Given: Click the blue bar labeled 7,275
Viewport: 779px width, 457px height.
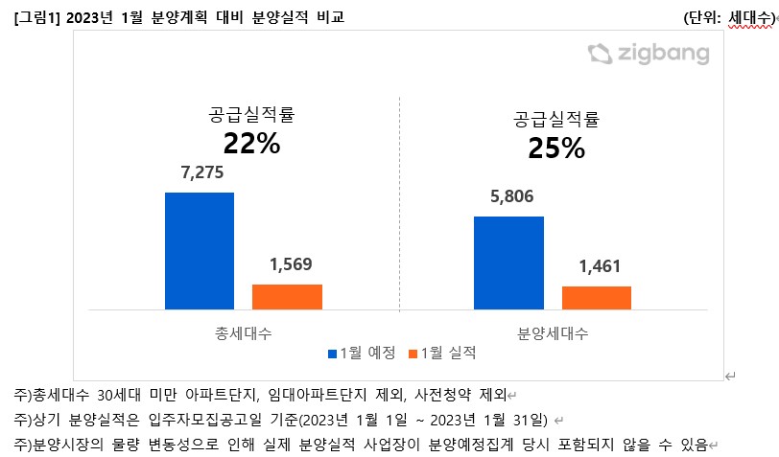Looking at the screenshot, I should click(x=200, y=251).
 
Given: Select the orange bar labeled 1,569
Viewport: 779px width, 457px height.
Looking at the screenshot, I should click(x=287, y=297).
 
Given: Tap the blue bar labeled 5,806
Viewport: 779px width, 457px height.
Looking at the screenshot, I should click(x=508, y=263).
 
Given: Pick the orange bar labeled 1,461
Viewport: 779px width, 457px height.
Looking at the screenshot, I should click(x=596, y=298).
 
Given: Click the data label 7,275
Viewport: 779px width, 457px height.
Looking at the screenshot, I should click(x=200, y=174).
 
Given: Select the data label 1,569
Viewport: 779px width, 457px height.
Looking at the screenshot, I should click(x=287, y=265).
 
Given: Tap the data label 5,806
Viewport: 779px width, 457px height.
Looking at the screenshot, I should click(x=508, y=197).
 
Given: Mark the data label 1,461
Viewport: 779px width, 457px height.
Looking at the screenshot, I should click(x=596, y=267).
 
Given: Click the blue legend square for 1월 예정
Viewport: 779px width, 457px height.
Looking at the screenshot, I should click(x=333, y=354).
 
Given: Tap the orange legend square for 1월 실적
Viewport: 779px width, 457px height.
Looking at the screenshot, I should click(x=413, y=354).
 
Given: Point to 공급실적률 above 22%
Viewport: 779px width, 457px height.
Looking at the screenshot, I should click(x=251, y=117).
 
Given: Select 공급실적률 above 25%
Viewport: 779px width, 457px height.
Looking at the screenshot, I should click(x=556, y=121).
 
